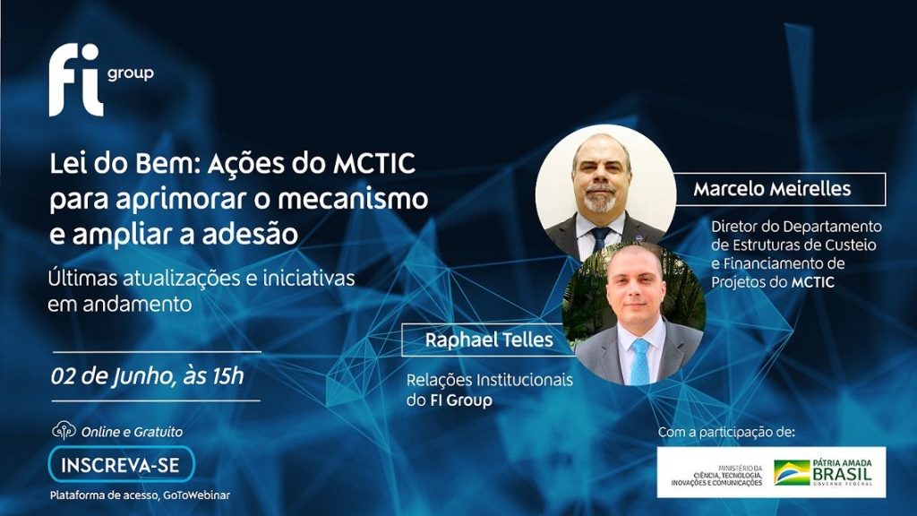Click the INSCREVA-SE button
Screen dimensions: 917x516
click(x=122, y=465)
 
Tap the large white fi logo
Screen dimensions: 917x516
click(x=76, y=80)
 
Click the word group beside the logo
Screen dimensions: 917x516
click(x=131, y=73)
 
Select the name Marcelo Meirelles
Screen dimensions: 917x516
click(x=772, y=189)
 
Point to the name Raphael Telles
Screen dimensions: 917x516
click(x=489, y=340)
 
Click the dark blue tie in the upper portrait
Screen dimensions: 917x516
click(x=600, y=239)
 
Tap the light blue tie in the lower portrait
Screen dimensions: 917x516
click(x=639, y=362)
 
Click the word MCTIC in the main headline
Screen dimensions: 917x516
click(x=374, y=164)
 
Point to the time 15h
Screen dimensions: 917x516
click(x=227, y=375)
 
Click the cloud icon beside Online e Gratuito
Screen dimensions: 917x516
click(x=64, y=431)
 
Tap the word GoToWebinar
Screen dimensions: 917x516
click(x=196, y=494)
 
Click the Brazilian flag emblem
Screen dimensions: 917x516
click(x=792, y=473)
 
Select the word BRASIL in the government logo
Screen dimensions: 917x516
click(x=842, y=474)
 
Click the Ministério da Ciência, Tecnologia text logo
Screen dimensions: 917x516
click(x=717, y=476)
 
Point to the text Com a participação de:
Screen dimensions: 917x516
click(x=726, y=433)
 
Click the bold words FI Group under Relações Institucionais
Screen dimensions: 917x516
click(x=461, y=400)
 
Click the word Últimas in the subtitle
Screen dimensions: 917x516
click(x=83, y=278)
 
